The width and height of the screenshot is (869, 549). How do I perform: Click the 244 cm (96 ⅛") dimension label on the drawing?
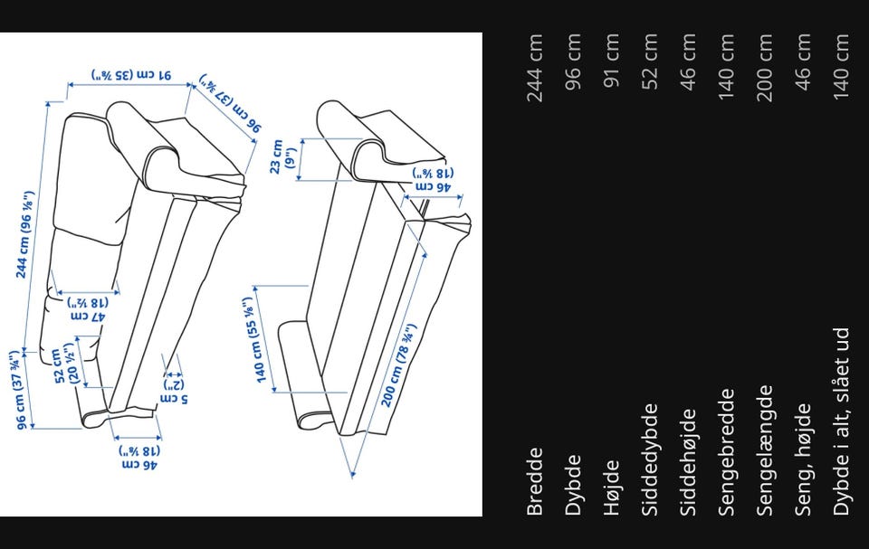tap(25, 234)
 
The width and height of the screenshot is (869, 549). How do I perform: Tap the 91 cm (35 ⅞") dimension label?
tap(131, 75)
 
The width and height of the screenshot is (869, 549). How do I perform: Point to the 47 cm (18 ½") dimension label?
tap(87, 309)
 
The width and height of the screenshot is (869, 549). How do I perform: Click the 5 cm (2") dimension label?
tap(175, 392)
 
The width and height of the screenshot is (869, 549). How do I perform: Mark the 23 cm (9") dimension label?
tap(283, 156)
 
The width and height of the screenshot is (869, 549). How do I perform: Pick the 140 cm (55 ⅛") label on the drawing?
tap(255, 340)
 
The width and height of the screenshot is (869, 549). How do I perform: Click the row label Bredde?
tap(535, 481)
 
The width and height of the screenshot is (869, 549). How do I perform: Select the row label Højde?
tap(611, 487)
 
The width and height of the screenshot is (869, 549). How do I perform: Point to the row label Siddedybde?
tap(651, 459)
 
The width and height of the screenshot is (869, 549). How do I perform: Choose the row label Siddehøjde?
tap(688, 462)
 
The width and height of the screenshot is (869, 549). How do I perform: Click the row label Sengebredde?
tap(726, 452)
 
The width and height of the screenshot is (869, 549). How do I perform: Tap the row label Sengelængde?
tap(765, 450)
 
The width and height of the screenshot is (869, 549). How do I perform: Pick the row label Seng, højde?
tap(804, 459)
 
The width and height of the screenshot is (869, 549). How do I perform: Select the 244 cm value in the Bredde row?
tap(535, 68)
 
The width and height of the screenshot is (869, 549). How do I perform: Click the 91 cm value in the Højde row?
tap(611, 61)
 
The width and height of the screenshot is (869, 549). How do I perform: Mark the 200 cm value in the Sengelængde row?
tap(765, 68)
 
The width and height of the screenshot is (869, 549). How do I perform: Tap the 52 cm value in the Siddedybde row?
tap(650, 61)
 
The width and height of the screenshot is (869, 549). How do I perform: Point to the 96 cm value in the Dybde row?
tap(573, 61)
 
